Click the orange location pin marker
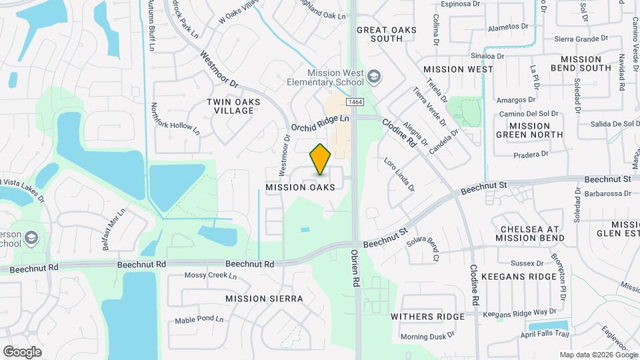(x=321, y=159)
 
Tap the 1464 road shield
(x=355, y=102)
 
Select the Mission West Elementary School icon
(x=374, y=77)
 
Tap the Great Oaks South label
(x=387, y=34)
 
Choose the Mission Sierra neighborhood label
(x=264, y=299)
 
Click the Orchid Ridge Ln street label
(x=320, y=122)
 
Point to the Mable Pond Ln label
(x=199, y=320)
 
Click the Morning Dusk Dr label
(x=427, y=336)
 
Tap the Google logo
(x=22, y=351)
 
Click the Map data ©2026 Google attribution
(x=598, y=355)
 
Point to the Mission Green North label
(x=529, y=130)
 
